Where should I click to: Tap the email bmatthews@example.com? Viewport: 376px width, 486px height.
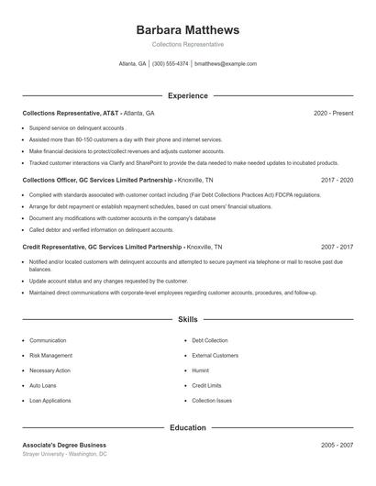click(225, 64)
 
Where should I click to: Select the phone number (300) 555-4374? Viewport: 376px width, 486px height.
click(171, 64)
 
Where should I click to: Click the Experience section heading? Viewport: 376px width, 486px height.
click(187, 95)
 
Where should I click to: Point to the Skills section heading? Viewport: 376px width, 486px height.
click(187, 319)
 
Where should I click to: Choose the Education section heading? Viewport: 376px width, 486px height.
click(187, 427)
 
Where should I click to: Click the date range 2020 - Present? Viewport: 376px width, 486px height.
click(333, 113)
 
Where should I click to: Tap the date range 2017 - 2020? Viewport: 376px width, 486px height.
click(337, 180)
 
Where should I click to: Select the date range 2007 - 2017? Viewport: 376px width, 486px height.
click(337, 247)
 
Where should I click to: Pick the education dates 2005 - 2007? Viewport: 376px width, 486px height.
click(337, 444)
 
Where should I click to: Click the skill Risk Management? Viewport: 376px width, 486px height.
click(50, 355)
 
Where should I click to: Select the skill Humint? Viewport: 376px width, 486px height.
click(200, 370)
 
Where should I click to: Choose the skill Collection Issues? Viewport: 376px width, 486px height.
click(212, 401)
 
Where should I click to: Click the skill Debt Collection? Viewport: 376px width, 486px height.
click(209, 340)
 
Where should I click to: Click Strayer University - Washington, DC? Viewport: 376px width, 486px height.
click(64, 454)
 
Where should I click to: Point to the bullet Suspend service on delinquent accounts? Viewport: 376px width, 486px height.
click(76, 128)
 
